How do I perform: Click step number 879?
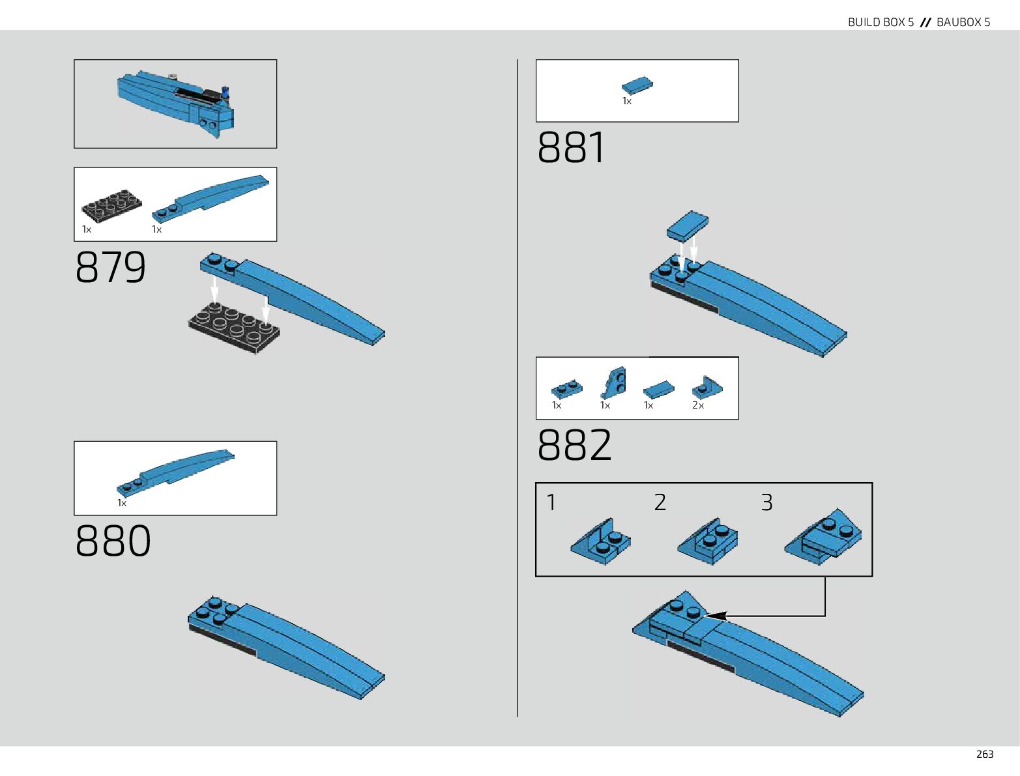111,267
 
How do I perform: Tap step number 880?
113,541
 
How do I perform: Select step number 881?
572,147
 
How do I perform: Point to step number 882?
574,445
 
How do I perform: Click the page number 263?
984,754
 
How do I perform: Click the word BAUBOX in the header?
959,22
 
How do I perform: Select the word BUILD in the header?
864,22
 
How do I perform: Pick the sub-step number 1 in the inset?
551,502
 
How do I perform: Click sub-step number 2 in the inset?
660,502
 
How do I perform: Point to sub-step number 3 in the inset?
767,502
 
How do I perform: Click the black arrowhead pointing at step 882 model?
715,616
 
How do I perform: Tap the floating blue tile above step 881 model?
687,225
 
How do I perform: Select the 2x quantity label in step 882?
698,405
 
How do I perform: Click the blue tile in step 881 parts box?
637,85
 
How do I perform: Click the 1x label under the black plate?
87,229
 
